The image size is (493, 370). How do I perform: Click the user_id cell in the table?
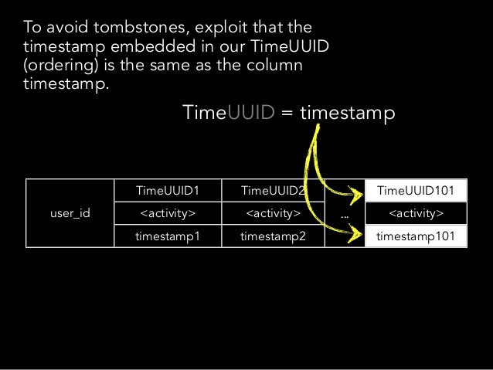70,212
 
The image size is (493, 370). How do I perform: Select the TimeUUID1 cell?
167,190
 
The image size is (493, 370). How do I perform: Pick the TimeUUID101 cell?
416,190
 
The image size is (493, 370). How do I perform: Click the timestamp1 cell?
167,236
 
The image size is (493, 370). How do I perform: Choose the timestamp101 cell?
416,236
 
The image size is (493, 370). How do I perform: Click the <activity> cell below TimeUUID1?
167,213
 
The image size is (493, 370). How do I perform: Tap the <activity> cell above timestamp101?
416,213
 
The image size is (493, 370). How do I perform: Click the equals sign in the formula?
286,114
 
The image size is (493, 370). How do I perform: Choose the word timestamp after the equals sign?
348,114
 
